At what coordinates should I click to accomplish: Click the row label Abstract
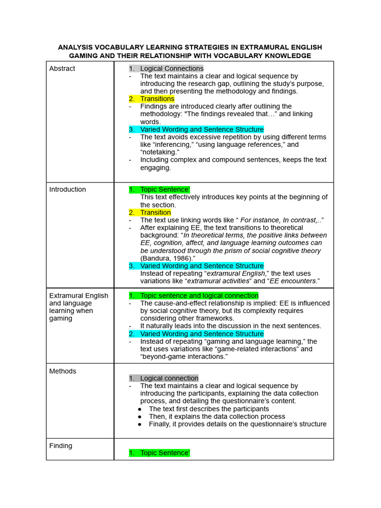coord(62,68)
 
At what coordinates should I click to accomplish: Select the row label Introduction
coord(67,190)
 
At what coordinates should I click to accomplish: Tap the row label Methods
coord(63,371)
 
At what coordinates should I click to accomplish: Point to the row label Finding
coord(61,445)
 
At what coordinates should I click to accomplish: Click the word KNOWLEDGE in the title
coord(287,56)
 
